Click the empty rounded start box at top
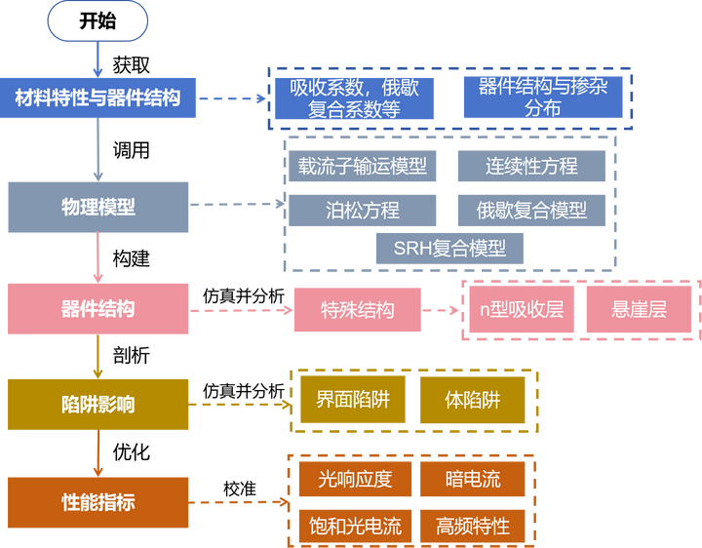97,21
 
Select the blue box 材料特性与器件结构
97,98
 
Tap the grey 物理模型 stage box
97,207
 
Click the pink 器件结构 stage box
97,309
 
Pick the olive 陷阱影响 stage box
97,404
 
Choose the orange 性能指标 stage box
97,502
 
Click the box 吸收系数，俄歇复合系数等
354,98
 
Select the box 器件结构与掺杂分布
543,98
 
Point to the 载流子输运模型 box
363,166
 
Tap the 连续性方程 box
531,166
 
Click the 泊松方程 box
363,210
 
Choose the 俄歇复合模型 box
531,210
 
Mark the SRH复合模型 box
449,248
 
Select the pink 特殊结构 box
358,310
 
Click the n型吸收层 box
522,310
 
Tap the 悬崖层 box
639,310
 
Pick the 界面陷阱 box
354,401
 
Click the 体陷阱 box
473,401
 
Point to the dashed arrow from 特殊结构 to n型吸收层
442,311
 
